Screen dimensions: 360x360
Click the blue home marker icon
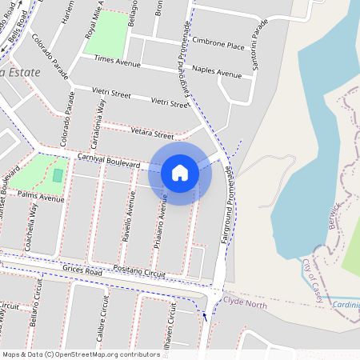coord(180,172)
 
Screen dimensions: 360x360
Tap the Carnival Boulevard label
coord(109,162)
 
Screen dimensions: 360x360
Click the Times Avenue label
coord(117,60)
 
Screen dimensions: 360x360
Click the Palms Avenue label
coord(41,197)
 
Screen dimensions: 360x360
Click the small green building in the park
coord(57,174)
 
